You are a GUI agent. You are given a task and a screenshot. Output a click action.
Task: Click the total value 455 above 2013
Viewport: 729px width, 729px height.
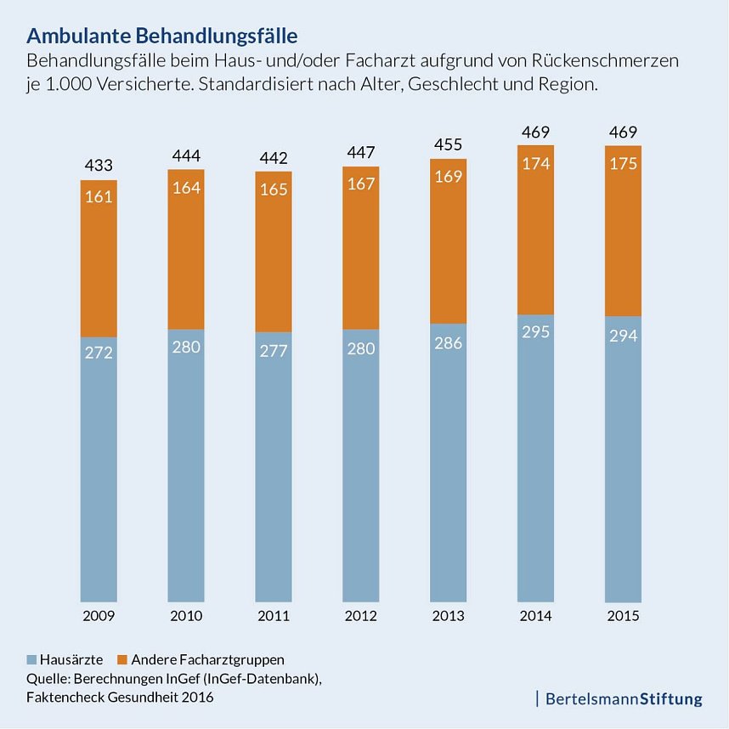[x=448, y=144]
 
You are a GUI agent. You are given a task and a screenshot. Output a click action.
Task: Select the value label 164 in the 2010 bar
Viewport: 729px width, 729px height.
[x=186, y=188]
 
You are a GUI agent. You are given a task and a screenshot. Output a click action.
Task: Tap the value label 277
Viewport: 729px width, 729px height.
[x=274, y=349]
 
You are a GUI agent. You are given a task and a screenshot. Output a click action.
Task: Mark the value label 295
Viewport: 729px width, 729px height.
[x=535, y=331]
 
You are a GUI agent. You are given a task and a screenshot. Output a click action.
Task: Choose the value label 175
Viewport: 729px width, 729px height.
[x=623, y=164]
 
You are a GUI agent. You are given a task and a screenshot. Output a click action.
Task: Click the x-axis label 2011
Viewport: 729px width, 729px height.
[x=274, y=616]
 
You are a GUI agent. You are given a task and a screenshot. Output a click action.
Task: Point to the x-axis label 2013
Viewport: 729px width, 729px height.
[x=448, y=616]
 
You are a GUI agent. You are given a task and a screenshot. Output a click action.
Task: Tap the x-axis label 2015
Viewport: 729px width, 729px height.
[x=623, y=616]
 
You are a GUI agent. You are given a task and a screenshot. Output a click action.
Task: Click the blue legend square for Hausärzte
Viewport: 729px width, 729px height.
[x=33, y=659]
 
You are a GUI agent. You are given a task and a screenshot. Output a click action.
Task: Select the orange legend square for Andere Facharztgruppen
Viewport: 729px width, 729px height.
[x=122, y=659]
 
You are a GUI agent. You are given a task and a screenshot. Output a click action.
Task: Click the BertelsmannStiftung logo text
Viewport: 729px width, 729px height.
[x=624, y=699]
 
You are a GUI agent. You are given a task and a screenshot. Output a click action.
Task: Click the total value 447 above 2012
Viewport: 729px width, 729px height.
[x=361, y=152]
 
